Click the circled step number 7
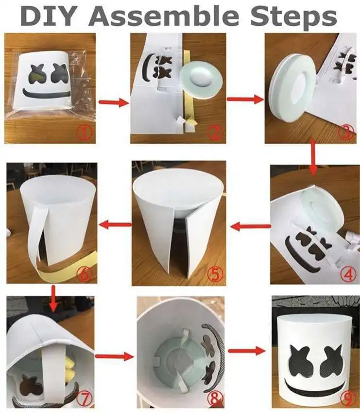click(85, 398)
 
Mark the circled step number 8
click(214, 399)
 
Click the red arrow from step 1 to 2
click(113, 102)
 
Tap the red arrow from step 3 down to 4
click(312, 157)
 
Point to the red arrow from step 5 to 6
click(115, 224)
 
